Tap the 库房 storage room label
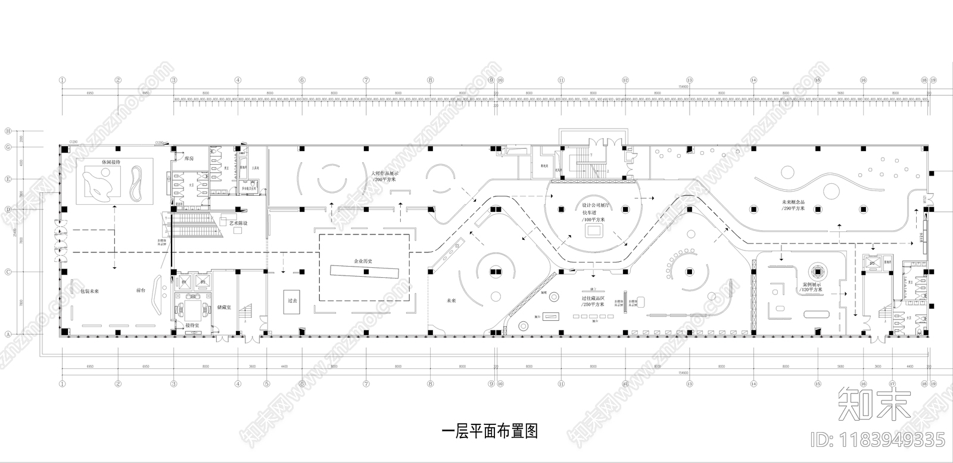pyautogui.click(x=189, y=159)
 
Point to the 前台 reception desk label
pyautogui.click(x=141, y=291)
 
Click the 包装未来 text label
pyautogui.click(x=89, y=291)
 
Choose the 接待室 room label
pyautogui.click(x=192, y=326)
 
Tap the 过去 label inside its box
pyautogui.click(x=292, y=301)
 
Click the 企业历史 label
pyautogui.click(x=363, y=261)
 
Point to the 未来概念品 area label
pyautogui.click(x=793, y=202)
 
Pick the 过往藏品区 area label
pyautogui.click(x=593, y=298)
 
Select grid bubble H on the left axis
pyautogui.click(x=8, y=131)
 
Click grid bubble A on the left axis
pyautogui.click(x=8, y=334)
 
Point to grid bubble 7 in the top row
pyautogui.click(x=366, y=80)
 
